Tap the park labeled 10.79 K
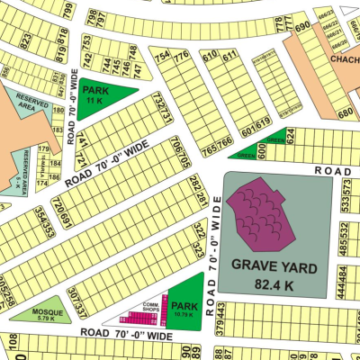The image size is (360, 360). pos(184,310)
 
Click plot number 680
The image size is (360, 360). pos(345,112)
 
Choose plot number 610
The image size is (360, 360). pos(209,57)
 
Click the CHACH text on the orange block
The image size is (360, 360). pos(344,59)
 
